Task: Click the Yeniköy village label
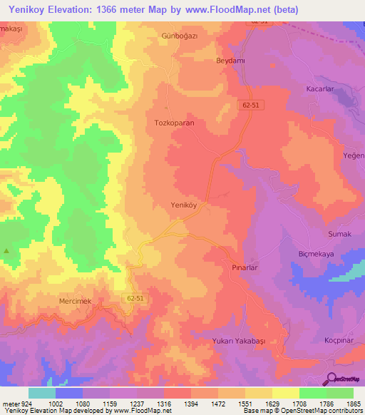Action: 183,205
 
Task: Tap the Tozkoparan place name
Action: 175,123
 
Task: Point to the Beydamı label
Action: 230,61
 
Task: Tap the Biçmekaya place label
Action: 317,255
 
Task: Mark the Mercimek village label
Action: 75,302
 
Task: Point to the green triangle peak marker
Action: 7,250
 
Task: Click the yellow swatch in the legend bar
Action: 285,393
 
